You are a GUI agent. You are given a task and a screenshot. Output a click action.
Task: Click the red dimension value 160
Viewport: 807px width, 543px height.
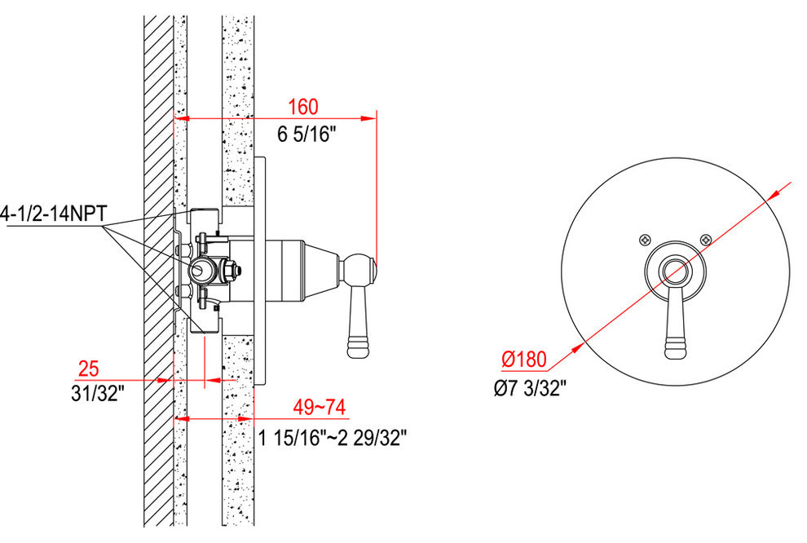coord(302,107)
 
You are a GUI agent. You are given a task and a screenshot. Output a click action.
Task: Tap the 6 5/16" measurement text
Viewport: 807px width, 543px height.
coord(306,135)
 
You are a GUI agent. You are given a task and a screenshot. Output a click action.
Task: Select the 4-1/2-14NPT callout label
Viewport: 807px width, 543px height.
coord(54,213)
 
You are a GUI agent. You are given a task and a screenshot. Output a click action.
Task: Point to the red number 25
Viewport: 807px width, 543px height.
coord(88,369)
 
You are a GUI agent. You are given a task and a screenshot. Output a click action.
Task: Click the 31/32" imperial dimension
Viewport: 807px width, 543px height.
coord(98,395)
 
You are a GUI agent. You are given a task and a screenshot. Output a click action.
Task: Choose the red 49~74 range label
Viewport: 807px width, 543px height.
coord(319,407)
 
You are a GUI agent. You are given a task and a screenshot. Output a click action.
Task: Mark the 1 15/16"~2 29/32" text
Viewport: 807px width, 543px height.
coord(333,438)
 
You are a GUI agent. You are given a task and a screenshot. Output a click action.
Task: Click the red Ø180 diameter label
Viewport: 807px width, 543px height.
coord(524,359)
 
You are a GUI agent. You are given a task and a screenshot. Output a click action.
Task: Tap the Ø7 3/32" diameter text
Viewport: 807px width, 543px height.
coord(530,387)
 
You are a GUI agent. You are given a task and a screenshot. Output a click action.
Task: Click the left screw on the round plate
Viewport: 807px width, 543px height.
coord(645,240)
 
